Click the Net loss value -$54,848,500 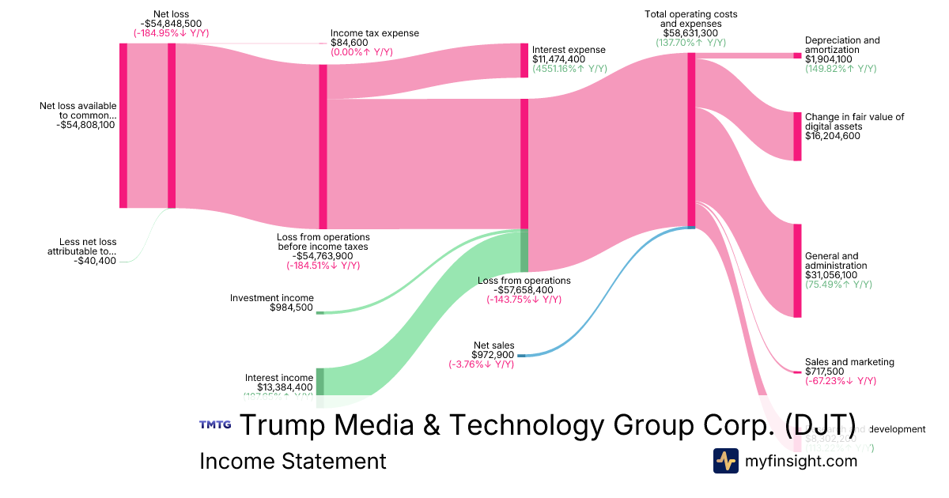(x=171, y=24)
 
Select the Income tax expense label (x=374, y=33)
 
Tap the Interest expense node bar (x=524, y=60)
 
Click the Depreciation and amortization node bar (x=797, y=55)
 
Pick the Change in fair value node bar (x=797, y=136)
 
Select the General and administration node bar (x=797, y=270)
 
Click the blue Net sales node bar (x=520, y=355)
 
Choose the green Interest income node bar (x=319, y=381)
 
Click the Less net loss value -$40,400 (x=95, y=260)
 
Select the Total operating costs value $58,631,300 (x=690, y=33)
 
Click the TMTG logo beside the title (x=215, y=424)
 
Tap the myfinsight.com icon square (x=725, y=461)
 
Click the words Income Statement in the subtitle (x=293, y=461)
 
